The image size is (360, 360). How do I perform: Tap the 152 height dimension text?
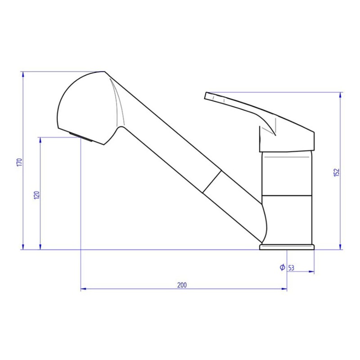(x=336, y=172)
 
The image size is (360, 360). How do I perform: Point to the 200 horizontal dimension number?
(x=182, y=285)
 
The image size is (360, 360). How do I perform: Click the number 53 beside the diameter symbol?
(x=291, y=268)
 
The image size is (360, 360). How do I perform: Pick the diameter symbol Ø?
(x=282, y=267)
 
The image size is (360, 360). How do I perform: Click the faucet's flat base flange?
(x=287, y=247)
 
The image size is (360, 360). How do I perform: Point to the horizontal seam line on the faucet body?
(x=287, y=196)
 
